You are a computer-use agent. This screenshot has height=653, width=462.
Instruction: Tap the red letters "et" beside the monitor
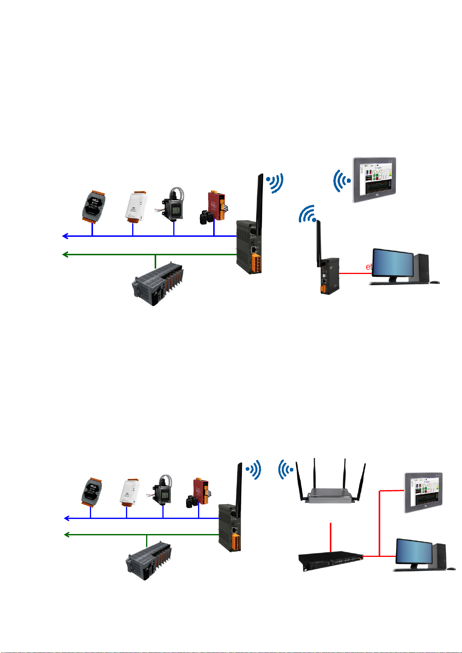pos(369,267)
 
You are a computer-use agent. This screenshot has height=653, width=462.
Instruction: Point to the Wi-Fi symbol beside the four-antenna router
pos(286,470)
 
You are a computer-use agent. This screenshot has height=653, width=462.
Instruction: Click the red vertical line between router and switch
pos(331,537)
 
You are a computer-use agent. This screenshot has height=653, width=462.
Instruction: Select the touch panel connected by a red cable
pos(423,493)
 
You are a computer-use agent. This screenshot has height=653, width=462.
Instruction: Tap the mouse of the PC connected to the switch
pos(451,569)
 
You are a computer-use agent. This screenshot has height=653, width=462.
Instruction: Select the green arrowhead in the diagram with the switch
pos(67,535)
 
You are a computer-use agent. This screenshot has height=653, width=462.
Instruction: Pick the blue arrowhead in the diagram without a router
pos(66,236)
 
